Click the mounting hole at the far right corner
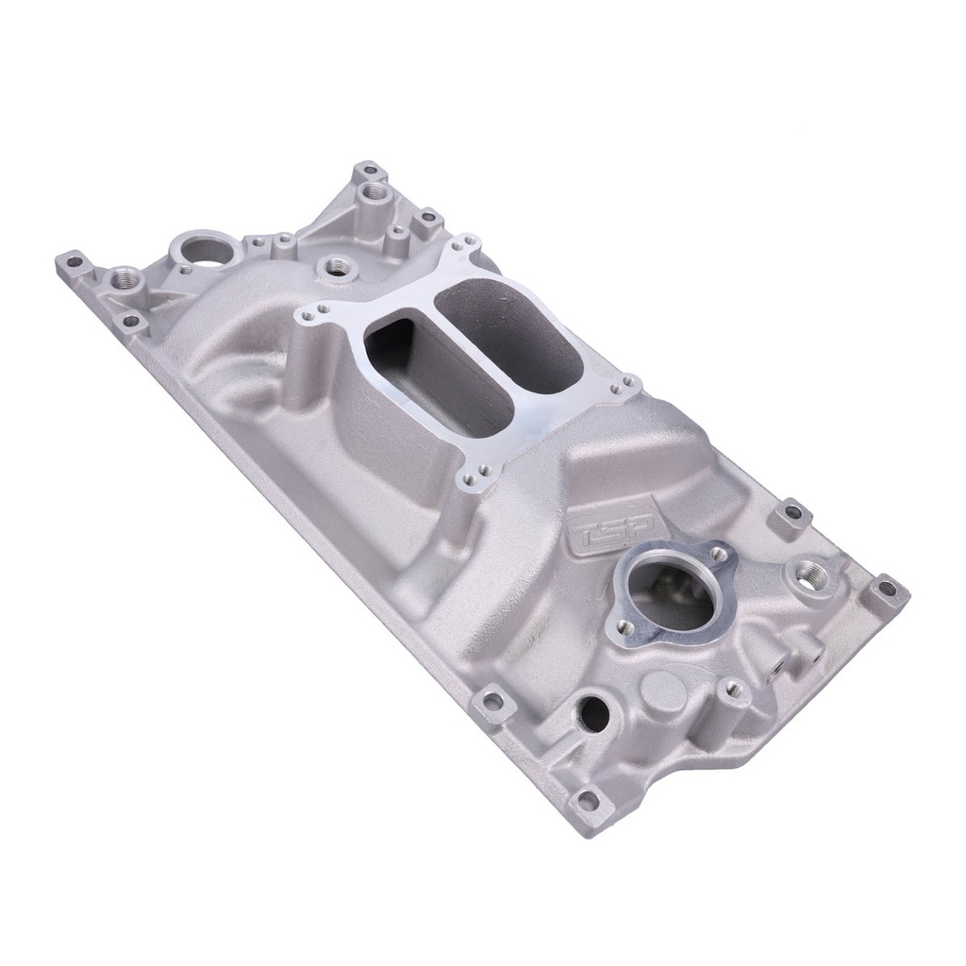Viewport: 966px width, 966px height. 887,590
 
